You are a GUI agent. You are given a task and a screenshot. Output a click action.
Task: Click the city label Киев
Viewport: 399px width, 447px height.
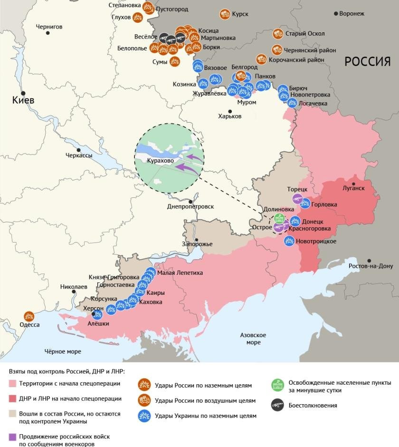[x=23, y=101]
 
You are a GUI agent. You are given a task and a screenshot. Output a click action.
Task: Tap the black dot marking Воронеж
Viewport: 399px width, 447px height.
[x=336, y=13]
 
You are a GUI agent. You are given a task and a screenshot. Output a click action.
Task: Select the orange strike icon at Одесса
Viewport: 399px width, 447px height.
[x=29, y=316]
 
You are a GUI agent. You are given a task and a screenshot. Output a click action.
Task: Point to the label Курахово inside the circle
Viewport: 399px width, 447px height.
[x=160, y=161]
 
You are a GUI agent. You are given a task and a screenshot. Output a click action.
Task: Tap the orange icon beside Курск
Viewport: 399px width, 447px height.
[x=225, y=14]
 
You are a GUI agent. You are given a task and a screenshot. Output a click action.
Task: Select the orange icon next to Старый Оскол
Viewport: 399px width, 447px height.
[x=278, y=34]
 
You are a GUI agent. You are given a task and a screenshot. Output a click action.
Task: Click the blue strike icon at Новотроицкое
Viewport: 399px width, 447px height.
[x=289, y=241]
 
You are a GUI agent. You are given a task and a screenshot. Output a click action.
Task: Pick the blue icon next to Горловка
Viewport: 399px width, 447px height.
[x=305, y=204]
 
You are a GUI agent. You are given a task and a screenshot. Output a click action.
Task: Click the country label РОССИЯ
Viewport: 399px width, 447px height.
[x=367, y=61]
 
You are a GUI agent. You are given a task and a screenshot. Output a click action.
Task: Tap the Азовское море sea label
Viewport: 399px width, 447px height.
[x=253, y=339]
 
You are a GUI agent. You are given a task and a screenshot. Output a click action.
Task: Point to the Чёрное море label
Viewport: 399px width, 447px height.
[x=63, y=351]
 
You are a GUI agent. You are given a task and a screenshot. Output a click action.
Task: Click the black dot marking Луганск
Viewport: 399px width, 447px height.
[x=353, y=183]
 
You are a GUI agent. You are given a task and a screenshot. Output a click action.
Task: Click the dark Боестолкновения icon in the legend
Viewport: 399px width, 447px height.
[x=277, y=405]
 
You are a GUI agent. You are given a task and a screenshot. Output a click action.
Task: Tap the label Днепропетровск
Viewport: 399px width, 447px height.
[x=190, y=206]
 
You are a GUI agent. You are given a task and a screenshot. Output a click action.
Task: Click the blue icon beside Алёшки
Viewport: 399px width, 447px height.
[x=97, y=315]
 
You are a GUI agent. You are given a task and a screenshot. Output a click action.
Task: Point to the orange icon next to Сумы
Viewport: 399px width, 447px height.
[x=175, y=61]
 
